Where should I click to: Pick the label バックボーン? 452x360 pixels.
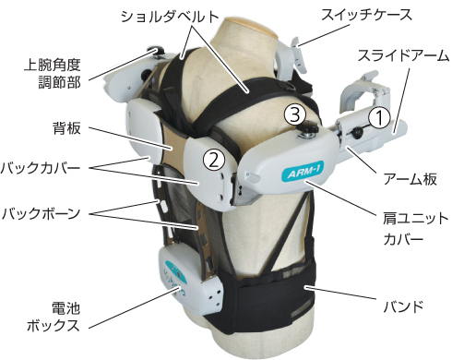point(42,213)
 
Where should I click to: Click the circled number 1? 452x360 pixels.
point(380,117)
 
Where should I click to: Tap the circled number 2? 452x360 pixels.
point(214,159)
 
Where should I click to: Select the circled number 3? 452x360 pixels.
point(293,114)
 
